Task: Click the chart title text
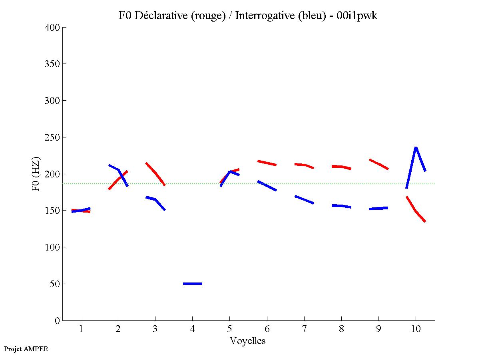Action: [248, 16]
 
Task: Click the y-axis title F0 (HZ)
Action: [36, 174]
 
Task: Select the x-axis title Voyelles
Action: [248, 341]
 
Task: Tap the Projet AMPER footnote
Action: [26, 349]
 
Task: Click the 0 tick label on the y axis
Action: [58, 320]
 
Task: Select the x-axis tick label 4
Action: [192, 329]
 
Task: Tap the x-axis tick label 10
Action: [416, 329]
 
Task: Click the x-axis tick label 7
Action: [304, 329]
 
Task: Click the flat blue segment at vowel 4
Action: [192, 284]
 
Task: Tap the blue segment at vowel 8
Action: [341, 206]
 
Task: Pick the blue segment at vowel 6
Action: [267, 186]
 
